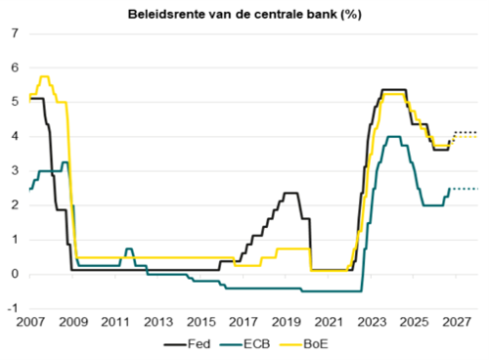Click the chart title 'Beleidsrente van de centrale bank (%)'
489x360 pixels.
pos(244,15)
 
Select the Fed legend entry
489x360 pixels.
pos(187,344)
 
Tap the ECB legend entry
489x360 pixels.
pos(245,344)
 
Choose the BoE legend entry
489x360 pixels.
pos(304,344)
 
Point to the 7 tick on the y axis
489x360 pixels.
pos(15,33)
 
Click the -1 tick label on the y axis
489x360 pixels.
pos(13,308)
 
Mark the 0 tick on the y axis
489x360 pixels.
pos(15,274)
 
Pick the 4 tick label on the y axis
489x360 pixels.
pos(15,136)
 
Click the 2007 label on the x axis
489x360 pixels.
pos(30,322)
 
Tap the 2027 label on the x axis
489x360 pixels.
pos(457,322)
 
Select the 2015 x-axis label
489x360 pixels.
pos(200,322)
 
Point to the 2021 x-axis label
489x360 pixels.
pos(329,322)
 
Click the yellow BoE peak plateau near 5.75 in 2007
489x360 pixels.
pos(45,76)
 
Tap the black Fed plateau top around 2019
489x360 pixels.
pos(290,193)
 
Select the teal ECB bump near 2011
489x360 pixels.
pos(129,248)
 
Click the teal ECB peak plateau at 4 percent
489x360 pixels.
pos(393,137)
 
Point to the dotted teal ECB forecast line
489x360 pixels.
pos(464,189)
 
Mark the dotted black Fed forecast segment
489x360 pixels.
pos(465,132)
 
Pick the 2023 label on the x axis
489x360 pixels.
pos(372,322)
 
